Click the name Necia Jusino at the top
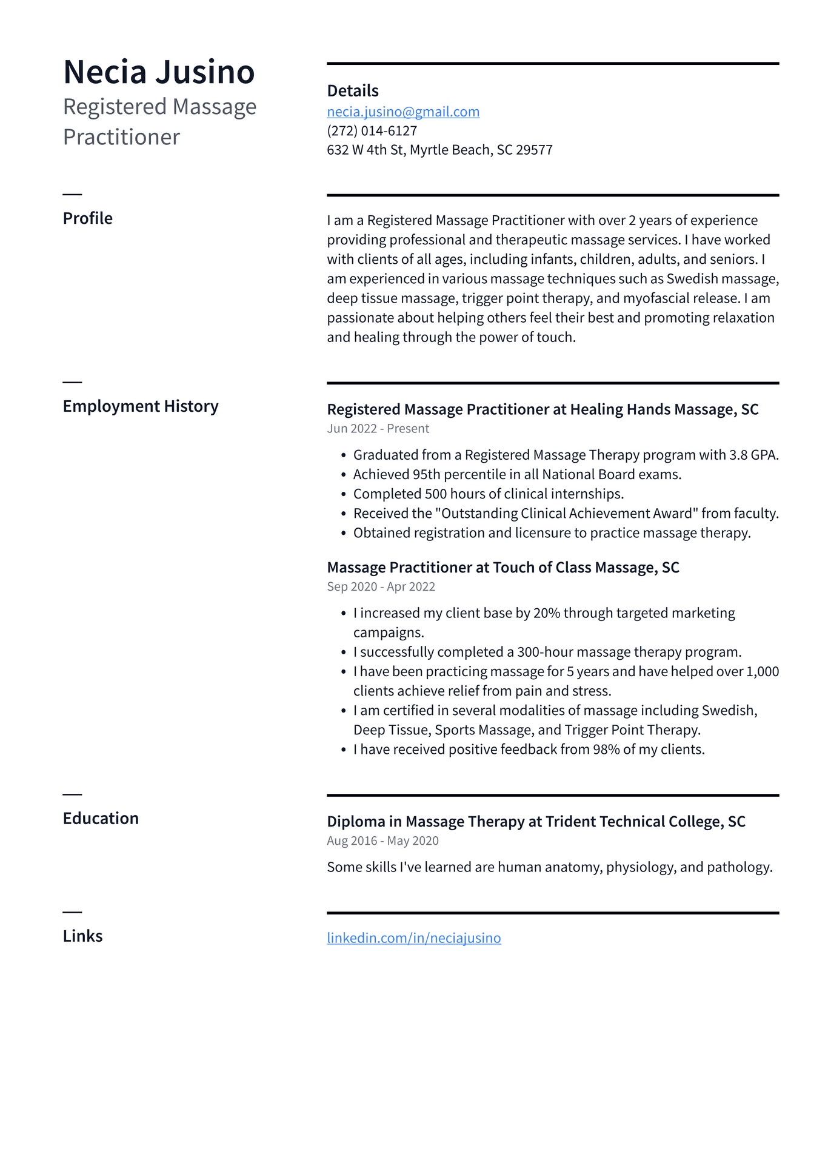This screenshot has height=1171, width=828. tap(159, 72)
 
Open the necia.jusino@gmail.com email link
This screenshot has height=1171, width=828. tap(403, 112)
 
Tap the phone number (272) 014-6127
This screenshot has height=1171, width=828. tap(372, 130)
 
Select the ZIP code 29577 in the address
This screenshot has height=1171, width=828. tap(534, 150)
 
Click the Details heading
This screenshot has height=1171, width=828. tap(353, 91)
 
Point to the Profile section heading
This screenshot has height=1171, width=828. tap(88, 218)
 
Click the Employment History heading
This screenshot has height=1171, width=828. tap(141, 406)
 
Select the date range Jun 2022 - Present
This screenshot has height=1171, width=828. tap(378, 429)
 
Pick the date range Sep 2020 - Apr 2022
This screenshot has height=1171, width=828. tap(381, 586)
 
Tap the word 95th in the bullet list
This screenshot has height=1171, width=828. tap(426, 474)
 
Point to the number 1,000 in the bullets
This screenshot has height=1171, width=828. tap(763, 671)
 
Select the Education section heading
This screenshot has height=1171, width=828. tap(101, 819)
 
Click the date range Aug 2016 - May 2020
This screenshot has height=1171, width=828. tap(382, 841)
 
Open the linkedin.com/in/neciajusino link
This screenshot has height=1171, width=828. tap(414, 938)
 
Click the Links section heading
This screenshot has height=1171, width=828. tap(83, 936)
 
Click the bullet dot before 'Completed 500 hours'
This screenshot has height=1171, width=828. tap(344, 494)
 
